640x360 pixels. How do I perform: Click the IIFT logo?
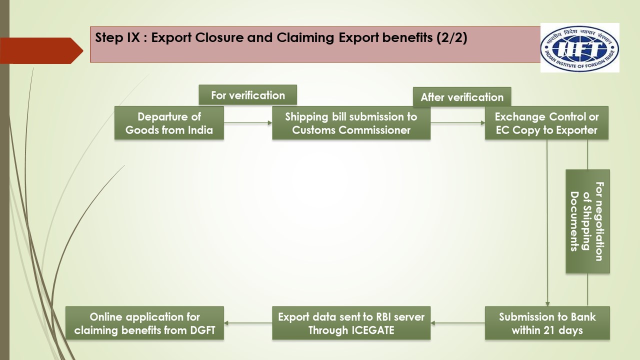[579, 48]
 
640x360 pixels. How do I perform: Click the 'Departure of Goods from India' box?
[169, 123]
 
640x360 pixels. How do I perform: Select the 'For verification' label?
[247, 95]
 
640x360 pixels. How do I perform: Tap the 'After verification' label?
[461, 97]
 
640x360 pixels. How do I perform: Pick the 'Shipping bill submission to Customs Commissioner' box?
[351, 123]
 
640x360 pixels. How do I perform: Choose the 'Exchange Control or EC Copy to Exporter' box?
[546, 123]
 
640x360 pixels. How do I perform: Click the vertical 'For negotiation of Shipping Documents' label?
[587, 221]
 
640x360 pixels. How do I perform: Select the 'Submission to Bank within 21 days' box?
[547, 323]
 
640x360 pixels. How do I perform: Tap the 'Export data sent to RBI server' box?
[351, 323]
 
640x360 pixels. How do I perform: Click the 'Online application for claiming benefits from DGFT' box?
[144, 323]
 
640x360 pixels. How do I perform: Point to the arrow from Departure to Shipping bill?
[247, 123]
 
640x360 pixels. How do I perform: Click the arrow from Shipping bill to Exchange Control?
[457, 123]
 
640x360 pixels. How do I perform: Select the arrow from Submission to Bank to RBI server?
[457, 323]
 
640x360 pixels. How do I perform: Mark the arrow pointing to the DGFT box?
[247, 323]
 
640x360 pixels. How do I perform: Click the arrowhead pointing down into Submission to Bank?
[547, 303]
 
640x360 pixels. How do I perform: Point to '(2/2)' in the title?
[451, 38]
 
